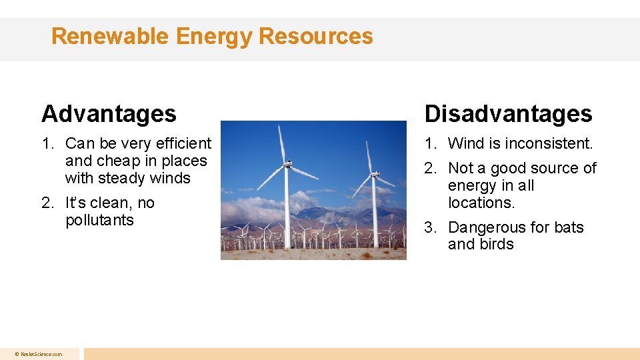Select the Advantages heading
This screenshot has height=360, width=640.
point(109,114)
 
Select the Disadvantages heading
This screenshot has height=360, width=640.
point(508,114)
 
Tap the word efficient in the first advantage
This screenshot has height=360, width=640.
point(183,143)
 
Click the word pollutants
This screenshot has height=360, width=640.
point(99,220)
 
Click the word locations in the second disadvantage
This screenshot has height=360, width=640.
point(481,203)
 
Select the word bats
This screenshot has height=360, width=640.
point(569,227)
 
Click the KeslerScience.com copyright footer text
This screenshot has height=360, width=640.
point(39,354)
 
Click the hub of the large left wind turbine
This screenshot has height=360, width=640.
point(287,163)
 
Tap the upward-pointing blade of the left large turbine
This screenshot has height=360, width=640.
point(283,143)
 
